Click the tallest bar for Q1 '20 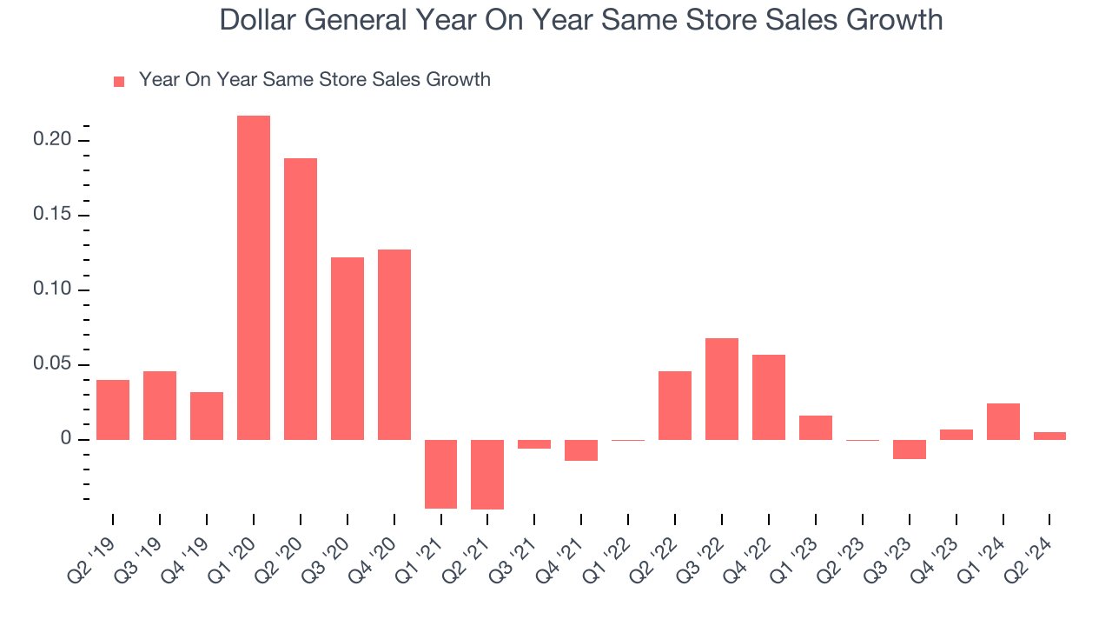pyautogui.click(x=254, y=277)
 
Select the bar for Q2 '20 pyautogui.click(x=301, y=299)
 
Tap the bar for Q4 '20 pyautogui.click(x=394, y=344)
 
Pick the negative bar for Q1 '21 pyautogui.click(x=441, y=474)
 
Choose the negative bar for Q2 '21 pyautogui.click(x=487, y=475)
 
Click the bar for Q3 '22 pyautogui.click(x=722, y=389)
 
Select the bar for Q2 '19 pyautogui.click(x=113, y=410)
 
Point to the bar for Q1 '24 pyautogui.click(x=1003, y=422)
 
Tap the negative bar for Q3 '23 pyautogui.click(x=910, y=450)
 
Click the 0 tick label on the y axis pyautogui.click(x=66, y=439)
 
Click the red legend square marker pyautogui.click(x=119, y=81)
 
